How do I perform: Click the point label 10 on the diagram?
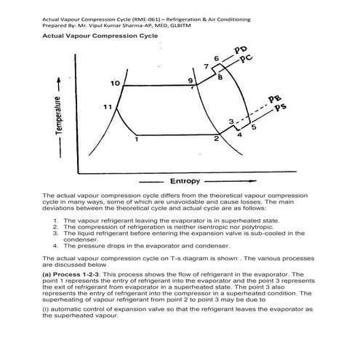coord(115,83)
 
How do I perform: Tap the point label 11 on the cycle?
coord(107,107)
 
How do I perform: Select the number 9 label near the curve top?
coord(191,80)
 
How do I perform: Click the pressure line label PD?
coord(241,50)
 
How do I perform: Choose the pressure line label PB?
coord(275,98)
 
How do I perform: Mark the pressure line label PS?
coord(279,108)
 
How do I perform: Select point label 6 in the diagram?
coord(216,57)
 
